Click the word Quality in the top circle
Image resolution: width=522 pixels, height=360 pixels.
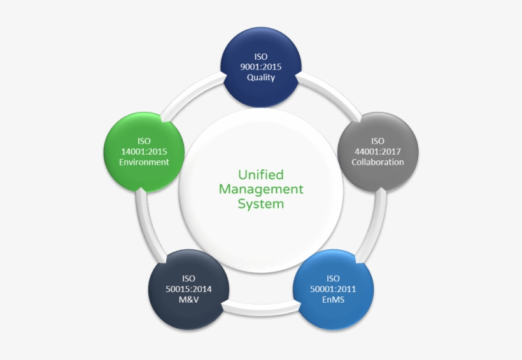261,78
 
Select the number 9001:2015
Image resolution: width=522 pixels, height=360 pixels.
261,67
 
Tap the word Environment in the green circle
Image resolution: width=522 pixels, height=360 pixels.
145,162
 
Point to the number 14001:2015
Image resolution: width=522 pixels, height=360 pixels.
145,151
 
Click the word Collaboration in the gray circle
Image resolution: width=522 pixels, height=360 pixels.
377,162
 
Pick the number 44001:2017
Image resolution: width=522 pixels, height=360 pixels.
377,151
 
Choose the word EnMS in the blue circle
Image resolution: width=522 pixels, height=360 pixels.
333,300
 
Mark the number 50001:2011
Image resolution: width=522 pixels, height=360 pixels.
333,289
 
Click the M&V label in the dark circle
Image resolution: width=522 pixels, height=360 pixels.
188,300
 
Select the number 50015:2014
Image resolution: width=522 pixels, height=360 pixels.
188,289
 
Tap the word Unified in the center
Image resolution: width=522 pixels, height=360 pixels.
261,174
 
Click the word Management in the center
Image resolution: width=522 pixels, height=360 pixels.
261,189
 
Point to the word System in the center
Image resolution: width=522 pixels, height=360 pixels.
261,204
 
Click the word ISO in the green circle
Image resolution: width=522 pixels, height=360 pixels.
145,141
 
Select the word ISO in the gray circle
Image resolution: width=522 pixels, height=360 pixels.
377,141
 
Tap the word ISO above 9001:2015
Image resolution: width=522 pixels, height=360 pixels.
261,57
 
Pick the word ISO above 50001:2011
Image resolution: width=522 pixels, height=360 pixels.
333,279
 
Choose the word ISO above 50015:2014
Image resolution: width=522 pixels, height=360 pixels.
188,279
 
